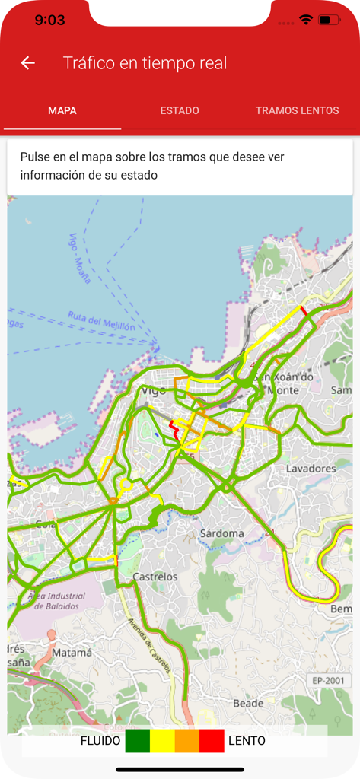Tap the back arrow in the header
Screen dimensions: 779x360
28,63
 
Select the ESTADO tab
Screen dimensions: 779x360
180,110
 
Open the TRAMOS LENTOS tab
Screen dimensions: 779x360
297,110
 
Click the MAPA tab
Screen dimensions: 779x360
62,110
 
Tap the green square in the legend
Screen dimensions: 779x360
138,740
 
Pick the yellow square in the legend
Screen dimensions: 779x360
162,740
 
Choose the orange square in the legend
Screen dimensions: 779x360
187,740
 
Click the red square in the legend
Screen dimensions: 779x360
212,740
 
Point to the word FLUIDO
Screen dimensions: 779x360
100,740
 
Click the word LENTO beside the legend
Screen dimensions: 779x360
247,740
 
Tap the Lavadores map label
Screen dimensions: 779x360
311,469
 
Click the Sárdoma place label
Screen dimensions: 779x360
221,533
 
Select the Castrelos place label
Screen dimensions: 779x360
155,577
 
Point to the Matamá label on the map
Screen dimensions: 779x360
73,653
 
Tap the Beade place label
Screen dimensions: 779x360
247,702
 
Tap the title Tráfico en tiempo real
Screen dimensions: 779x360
145,63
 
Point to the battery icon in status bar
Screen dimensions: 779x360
329,20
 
